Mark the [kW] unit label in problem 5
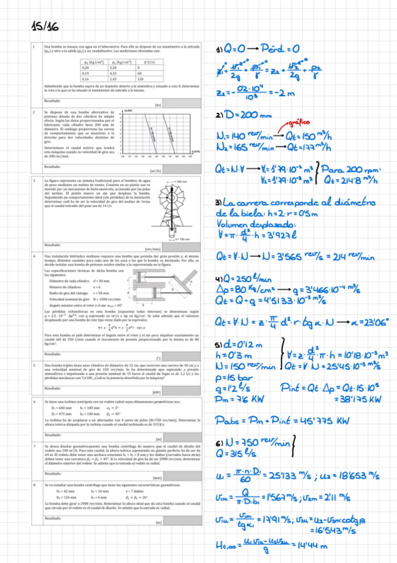click(194, 392)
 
